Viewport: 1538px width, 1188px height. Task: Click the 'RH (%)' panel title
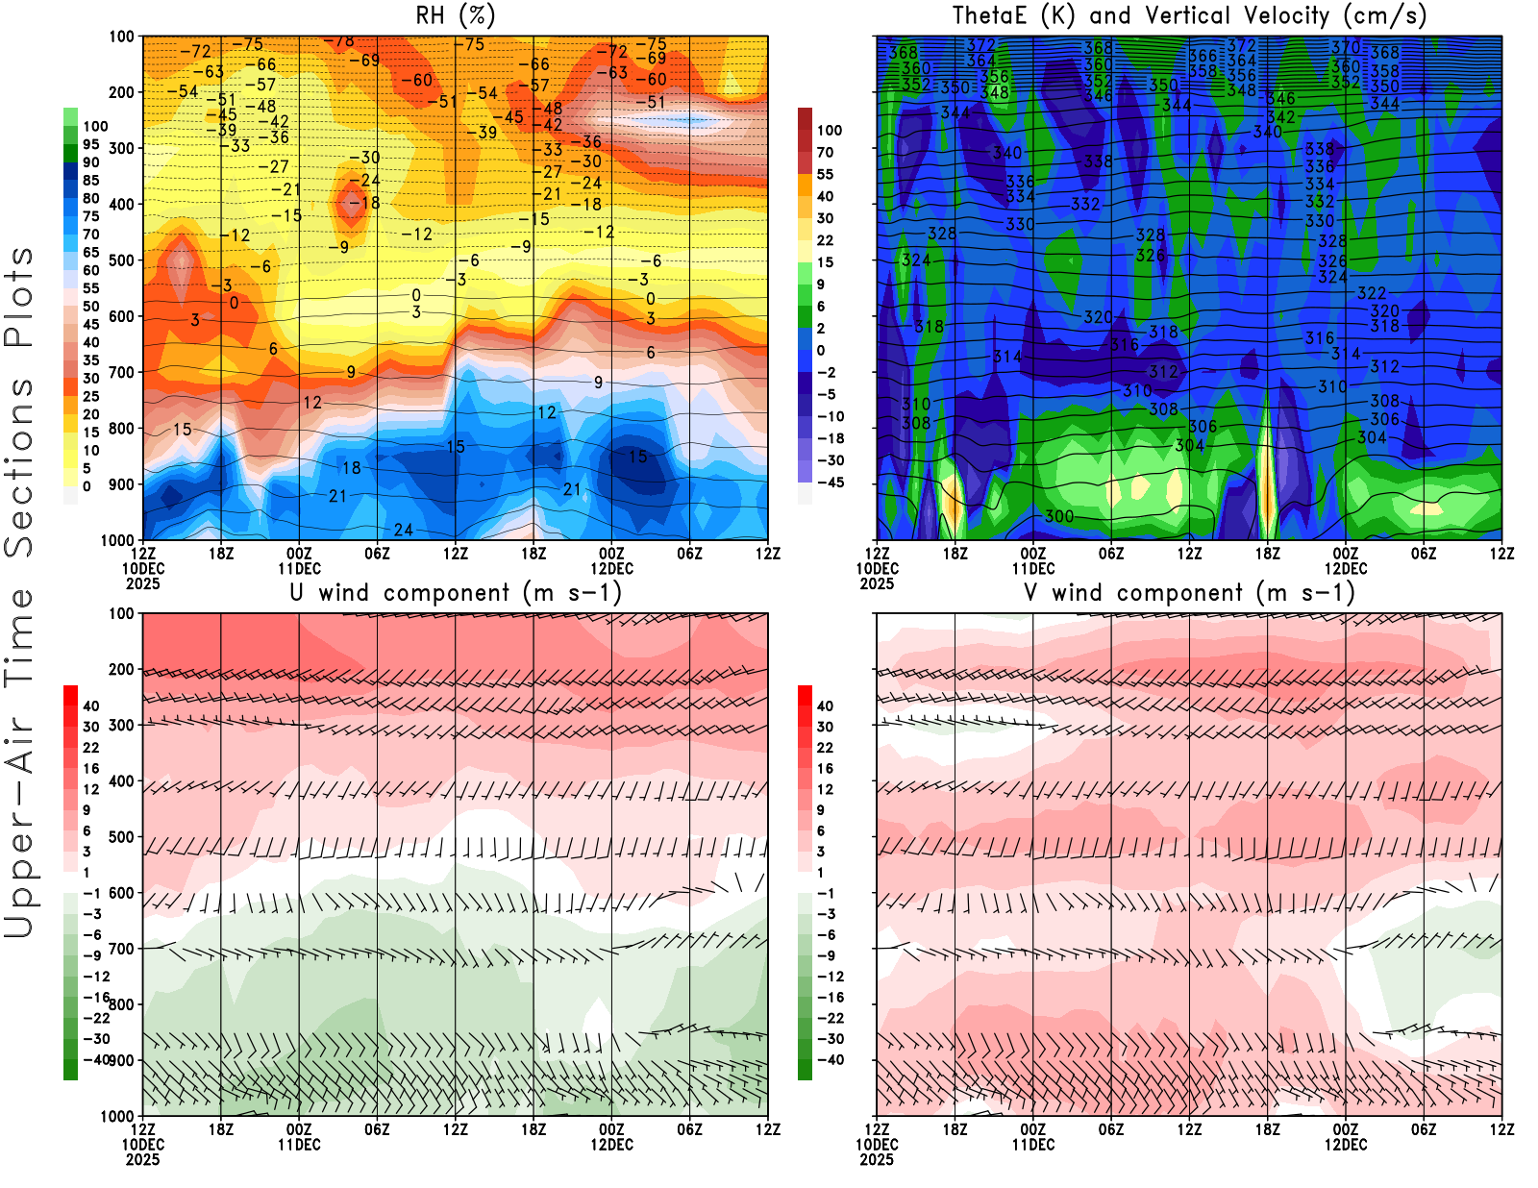(x=455, y=15)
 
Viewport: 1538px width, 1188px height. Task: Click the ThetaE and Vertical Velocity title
(x=1189, y=15)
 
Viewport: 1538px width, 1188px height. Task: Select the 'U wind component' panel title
(x=456, y=593)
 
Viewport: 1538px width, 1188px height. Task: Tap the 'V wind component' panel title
(x=1189, y=593)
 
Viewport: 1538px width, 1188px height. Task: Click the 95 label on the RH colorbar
(x=90, y=144)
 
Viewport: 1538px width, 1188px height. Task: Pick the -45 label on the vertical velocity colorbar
(x=831, y=483)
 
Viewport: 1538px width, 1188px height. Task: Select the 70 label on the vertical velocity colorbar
(x=825, y=152)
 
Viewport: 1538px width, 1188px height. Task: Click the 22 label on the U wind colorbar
(x=90, y=748)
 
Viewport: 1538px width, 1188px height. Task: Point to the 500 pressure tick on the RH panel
(x=121, y=260)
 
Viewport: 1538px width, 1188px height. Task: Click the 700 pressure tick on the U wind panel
(x=121, y=949)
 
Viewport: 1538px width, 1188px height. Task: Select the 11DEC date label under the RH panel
(x=299, y=568)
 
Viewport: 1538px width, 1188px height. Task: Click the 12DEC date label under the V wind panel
(x=1346, y=1145)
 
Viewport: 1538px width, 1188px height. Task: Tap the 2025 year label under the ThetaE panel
(x=877, y=583)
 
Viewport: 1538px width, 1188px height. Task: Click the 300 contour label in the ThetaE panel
(x=1058, y=516)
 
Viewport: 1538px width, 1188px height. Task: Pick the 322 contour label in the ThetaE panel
(x=1372, y=293)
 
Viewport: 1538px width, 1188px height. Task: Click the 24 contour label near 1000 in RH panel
(x=404, y=530)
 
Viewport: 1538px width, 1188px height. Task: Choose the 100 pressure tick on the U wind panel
(x=121, y=613)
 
